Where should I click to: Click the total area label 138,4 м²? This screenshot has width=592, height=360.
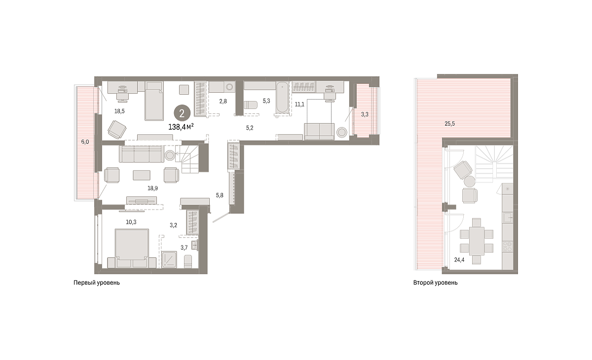click(181, 127)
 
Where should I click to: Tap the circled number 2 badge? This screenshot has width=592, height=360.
click(182, 113)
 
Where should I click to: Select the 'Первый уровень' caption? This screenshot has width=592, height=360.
click(97, 283)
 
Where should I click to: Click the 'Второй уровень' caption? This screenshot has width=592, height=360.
click(435, 283)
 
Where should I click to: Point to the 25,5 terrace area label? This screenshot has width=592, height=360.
click(449, 124)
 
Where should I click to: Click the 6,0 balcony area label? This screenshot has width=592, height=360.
click(85, 142)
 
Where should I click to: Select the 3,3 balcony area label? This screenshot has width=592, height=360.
click(365, 114)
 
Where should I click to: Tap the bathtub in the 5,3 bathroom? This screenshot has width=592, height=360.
click(283, 98)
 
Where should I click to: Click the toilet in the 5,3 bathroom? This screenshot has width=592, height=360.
click(250, 105)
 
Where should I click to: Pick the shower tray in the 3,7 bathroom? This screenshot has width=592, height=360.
click(169, 259)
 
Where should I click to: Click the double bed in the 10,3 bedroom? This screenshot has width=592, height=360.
click(132, 248)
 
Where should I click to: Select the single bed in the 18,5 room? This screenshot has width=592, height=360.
click(154, 101)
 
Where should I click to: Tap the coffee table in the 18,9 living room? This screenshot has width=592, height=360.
click(142, 175)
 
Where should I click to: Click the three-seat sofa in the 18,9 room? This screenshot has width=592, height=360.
click(142, 154)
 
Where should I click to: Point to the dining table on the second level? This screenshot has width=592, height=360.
click(477, 241)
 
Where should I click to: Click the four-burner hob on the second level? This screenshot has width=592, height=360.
click(508, 247)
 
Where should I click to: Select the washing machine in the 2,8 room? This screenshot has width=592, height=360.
click(229, 87)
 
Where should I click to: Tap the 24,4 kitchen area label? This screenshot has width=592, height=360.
click(459, 260)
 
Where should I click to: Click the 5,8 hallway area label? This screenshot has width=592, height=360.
click(220, 195)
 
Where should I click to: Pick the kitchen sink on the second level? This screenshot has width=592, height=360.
click(508, 217)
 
